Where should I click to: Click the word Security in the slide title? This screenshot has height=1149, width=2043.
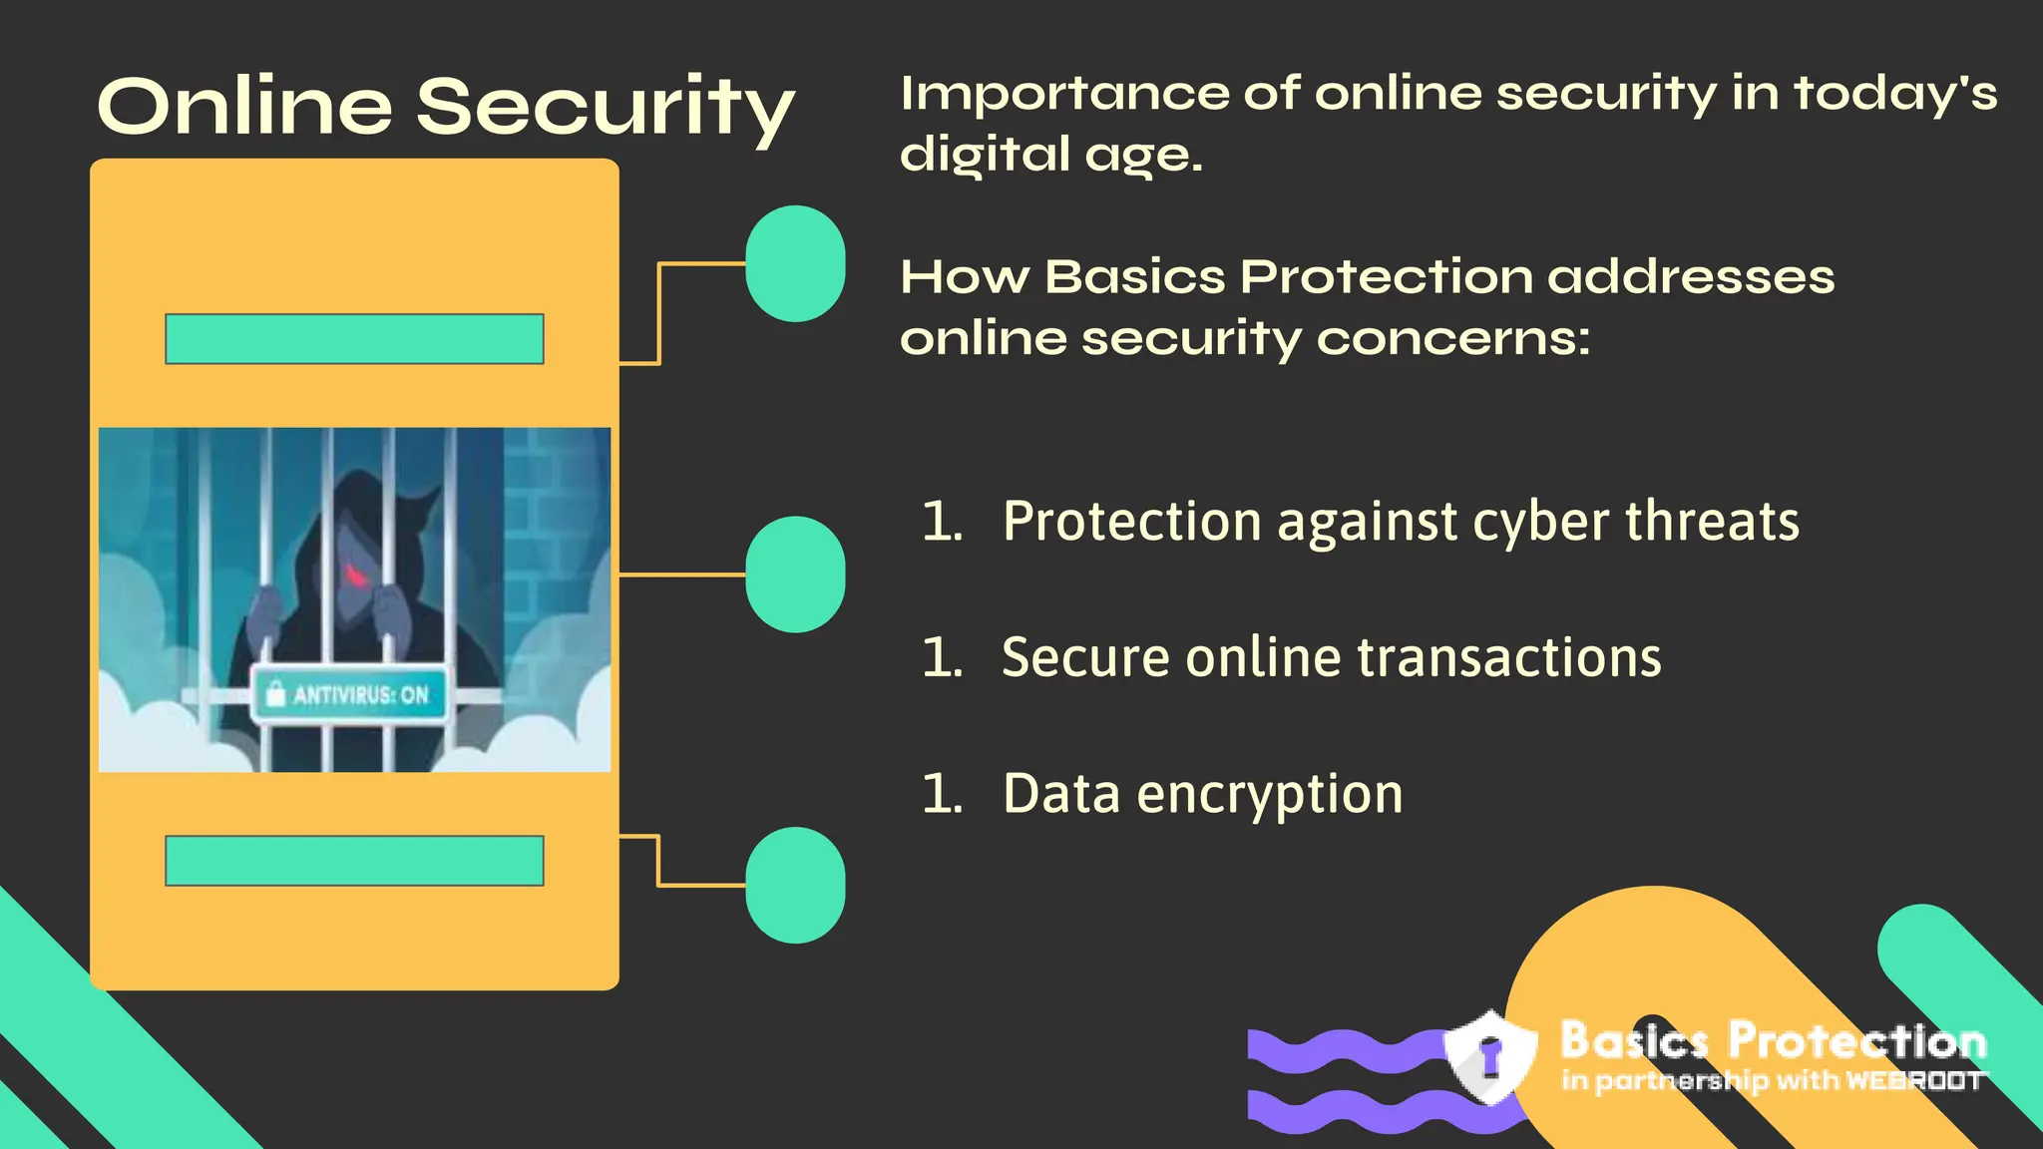tap(605, 107)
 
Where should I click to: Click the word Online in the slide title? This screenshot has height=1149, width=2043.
tap(245, 107)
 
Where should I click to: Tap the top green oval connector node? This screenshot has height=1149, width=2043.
tap(795, 263)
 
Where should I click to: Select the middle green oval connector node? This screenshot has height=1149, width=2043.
tap(795, 574)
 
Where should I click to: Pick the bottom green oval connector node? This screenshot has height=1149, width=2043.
tap(795, 885)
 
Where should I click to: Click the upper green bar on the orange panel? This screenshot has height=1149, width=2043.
tap(354, 339)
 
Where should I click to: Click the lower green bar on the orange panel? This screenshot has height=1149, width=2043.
tap(354, 861)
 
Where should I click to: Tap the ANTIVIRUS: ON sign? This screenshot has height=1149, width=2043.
tap(349, 694)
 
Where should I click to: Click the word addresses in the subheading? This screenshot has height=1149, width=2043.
tap(1691, 277)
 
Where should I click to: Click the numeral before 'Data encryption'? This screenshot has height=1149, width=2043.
tap(941, 795)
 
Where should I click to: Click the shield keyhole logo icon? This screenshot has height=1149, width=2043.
tap(1490, 1057)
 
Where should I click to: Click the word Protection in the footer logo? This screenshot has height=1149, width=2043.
tap(1857, 1040)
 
